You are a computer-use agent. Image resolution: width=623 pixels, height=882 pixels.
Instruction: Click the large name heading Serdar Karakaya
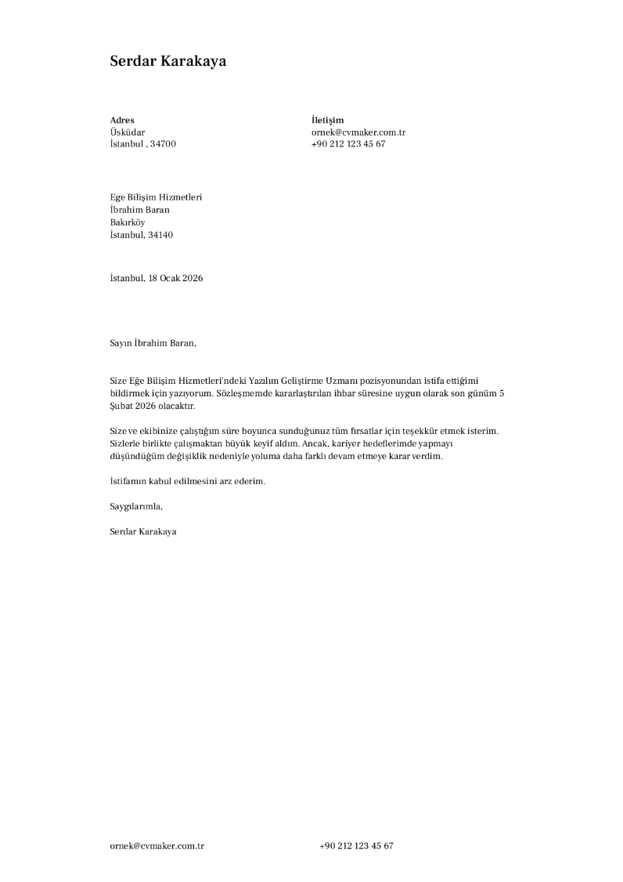(x=167, y=61)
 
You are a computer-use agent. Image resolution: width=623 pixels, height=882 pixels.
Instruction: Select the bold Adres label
(x=122, y=120)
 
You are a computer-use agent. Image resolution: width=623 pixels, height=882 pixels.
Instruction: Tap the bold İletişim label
(x=327, y=120)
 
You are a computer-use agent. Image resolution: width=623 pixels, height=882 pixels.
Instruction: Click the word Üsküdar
(x=128, y=132)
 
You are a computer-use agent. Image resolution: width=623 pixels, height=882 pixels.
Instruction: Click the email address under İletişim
(x=358, y=132)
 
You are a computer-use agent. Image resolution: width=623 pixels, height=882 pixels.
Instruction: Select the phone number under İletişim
(x=348, y=144)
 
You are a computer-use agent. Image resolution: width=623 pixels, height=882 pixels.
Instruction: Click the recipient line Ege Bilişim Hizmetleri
(x=156, y=197)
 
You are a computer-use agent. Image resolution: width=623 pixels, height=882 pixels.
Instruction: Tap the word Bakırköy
(x=128, y=222)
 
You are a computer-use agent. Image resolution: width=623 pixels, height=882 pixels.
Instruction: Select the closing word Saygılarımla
(x=136, y=506)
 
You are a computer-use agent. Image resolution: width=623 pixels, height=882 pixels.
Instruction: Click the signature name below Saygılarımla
(x=143, y=532)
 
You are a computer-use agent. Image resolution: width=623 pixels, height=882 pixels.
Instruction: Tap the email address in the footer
(x=157, y=846)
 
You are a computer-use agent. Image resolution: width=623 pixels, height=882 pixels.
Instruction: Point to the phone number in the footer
(x=356, y=846)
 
